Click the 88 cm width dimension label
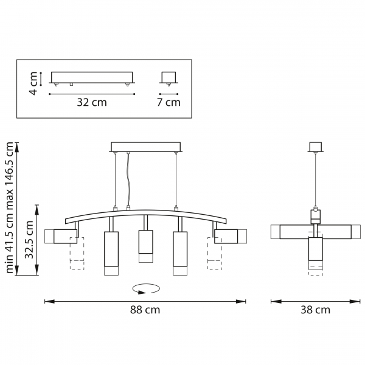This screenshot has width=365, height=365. tap(145, 310)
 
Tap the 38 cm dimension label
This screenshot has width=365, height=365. tap(315, 310)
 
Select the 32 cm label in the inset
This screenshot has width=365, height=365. tap(92, 102)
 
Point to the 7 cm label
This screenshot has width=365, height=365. tap(169, 102)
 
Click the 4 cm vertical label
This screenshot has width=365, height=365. tap(33, 83)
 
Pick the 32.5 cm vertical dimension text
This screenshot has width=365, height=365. tap(30, 240)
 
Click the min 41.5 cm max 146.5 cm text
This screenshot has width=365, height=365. tap(10, 207)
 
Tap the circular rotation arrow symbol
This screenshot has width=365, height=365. tap(146, 289)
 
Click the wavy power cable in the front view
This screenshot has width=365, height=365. tap(128, 179)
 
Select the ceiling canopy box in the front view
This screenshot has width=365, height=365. tap(146, 147)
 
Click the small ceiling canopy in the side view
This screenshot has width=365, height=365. tap(315, 147)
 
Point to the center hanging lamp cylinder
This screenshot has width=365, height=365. tap(146, 246)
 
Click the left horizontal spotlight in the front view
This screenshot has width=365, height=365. tap(61, 236)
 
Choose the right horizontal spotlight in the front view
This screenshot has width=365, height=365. tap(231, 236)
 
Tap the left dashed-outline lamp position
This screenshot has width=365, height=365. tap(77, 254)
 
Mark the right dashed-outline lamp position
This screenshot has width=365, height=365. tap(215, 254)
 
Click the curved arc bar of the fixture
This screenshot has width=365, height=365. tap(146, 216)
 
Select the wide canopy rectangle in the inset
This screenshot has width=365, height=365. tap(92, 77)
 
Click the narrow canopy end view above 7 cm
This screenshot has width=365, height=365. tap(169, 77)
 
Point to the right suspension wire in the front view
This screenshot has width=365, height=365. tap(176, 179)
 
